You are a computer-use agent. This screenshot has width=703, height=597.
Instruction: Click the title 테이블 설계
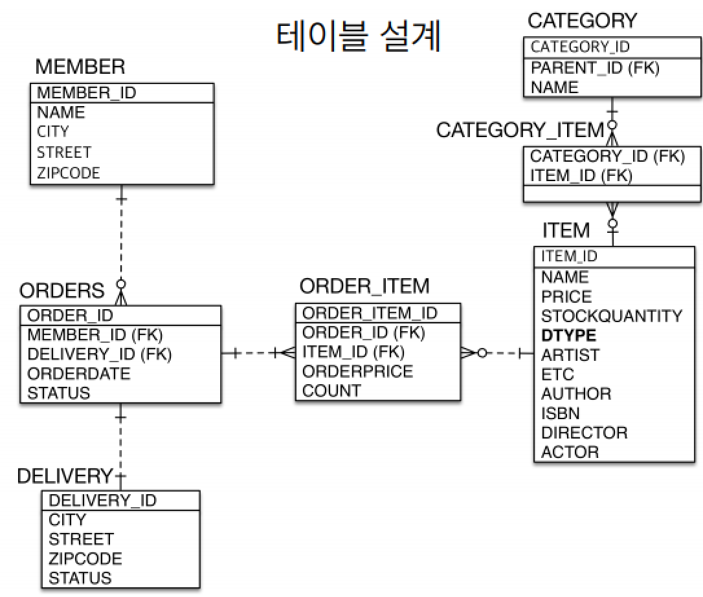[359, 36]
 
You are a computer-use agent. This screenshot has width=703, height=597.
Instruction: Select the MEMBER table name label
[80, 66]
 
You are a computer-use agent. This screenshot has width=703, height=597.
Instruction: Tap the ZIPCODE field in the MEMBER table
[68, 173]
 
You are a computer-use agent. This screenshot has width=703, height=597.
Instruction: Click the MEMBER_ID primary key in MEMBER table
[86, 92]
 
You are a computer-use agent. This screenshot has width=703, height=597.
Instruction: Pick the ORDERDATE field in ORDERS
[78, 373]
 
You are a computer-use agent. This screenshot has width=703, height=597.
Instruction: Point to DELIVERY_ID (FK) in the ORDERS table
[100, 354]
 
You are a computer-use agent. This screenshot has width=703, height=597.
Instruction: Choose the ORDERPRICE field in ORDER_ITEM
[357, 371]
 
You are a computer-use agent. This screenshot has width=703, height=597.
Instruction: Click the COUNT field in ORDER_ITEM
[331, 391]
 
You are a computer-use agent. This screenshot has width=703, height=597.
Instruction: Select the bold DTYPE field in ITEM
[568, 336]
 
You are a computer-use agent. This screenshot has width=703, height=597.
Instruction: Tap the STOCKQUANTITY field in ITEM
[612, 316]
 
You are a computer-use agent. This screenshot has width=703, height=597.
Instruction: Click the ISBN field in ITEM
[560, 413]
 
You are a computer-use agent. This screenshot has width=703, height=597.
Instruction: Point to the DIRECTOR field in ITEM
[584, 433]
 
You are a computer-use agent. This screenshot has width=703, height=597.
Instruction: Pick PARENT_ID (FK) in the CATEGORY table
[595, 68]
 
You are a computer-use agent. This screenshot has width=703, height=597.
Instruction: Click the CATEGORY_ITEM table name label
[520, 130]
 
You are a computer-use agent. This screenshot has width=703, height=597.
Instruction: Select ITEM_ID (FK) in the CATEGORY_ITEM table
[581, 175]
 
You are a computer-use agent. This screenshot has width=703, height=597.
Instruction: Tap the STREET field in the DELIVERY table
[81, 539]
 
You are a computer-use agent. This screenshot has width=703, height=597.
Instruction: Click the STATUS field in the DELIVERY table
[80, 578]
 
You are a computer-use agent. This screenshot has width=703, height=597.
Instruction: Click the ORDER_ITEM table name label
[364, 287]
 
